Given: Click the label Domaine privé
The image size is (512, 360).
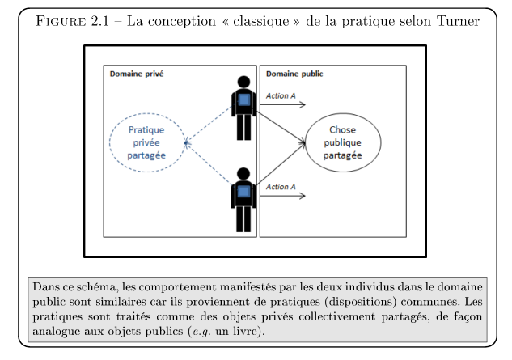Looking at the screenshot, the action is tap(137, 74).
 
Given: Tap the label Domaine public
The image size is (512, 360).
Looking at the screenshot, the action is tap(294, 74).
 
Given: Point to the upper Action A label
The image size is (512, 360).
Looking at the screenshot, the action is tap(281, 95).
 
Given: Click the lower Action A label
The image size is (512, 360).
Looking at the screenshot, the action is tap(281, 187).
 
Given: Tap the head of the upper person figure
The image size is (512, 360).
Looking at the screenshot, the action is tap(243, 82).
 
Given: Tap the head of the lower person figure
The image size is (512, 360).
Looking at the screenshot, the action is tap(243, 174).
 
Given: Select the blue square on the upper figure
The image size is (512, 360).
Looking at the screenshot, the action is tap(244, 100).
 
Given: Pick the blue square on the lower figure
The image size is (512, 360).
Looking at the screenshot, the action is tap(244, 192).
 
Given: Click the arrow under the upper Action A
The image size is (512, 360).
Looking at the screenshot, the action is tap(282, 104).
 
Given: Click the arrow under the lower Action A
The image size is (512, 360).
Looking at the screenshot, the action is tap(282, 196).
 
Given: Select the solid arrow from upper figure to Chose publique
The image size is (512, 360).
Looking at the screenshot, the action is tap(281, 127).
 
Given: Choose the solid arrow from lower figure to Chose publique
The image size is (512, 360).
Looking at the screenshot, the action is tap(281, 164).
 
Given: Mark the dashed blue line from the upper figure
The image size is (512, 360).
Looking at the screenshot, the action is tap(209, 123).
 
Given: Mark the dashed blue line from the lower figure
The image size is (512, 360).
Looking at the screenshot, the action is tap(209, 164).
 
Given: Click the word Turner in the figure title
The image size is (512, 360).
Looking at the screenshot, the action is tap(458, 21).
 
